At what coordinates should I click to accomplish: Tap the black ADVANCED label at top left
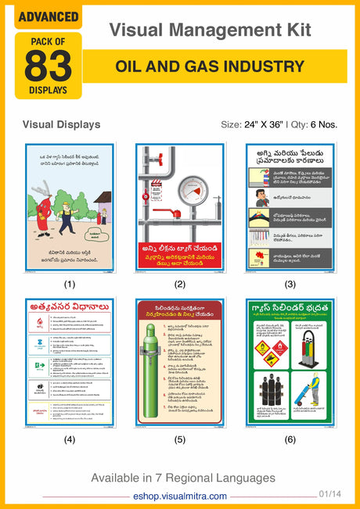(48, 16)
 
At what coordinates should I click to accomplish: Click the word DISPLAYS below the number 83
(48, 89)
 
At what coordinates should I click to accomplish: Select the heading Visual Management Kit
(210, 30)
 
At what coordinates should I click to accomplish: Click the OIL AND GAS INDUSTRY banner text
(210, 66)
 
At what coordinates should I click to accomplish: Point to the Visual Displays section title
(62, 124)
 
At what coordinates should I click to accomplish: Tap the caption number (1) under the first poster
(70, 285)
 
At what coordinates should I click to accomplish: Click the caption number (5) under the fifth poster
(180, 439)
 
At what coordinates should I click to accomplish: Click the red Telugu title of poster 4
(69, 306)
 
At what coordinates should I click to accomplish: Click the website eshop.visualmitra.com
(180, 496)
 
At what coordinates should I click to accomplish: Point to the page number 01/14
(329, 493)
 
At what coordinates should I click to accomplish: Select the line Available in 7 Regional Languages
(183, 477)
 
